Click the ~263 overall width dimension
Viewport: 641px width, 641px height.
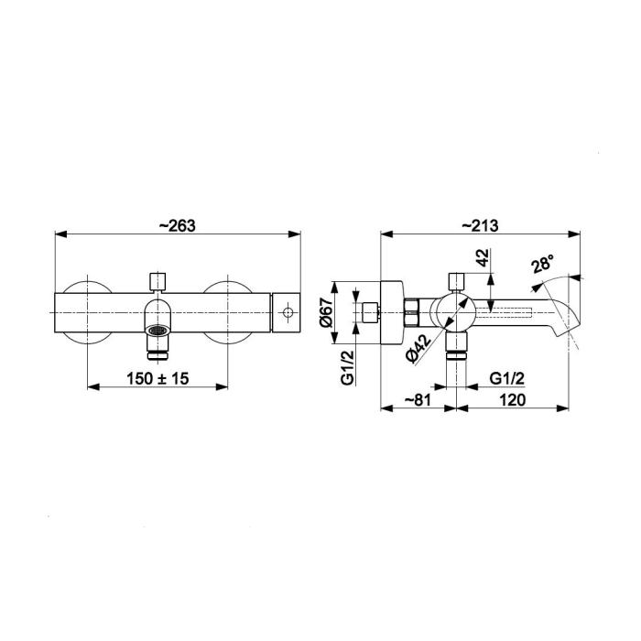pyautogui.click(x=178, y=225)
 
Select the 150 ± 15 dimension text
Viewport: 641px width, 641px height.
pyautogui.click(x=158, y=378)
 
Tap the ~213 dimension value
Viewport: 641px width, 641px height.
pyautogui.click(x=481, y=225)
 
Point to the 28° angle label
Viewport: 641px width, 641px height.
pyautogui.click(x=543, y=264)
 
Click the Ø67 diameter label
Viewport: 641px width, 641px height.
pyautogui.click(x=327, y=313)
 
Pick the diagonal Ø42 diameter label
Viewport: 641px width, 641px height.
pyautogui.click(x=418, y=348)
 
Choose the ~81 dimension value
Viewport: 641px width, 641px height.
pyautogui.click(x=418, y=399)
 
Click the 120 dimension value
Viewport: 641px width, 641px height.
pyautogui.click(x=512, y=399)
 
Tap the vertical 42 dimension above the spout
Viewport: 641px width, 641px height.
pyautogui.click(x=483, y=257)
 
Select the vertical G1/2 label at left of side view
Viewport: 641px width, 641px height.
pyautogui.click(x=347, y=367)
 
